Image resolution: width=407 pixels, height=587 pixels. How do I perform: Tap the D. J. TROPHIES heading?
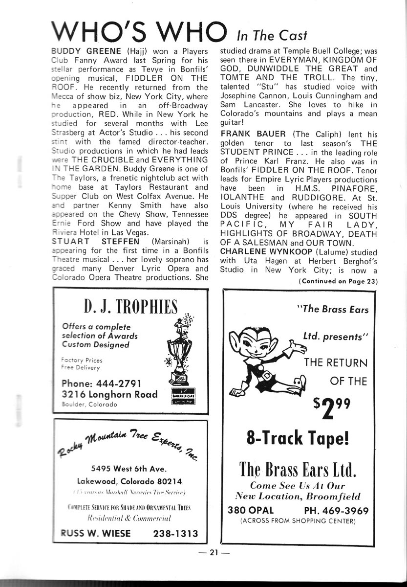(x=130, y=308)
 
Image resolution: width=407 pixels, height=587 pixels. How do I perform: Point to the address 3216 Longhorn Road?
(x=110, y=394)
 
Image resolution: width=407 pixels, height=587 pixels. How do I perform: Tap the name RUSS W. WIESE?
(x=91, y=534)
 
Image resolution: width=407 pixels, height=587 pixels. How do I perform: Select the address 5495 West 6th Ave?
(x=129, y=467)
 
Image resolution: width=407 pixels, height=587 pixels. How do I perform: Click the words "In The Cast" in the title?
(x=272, y=35)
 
